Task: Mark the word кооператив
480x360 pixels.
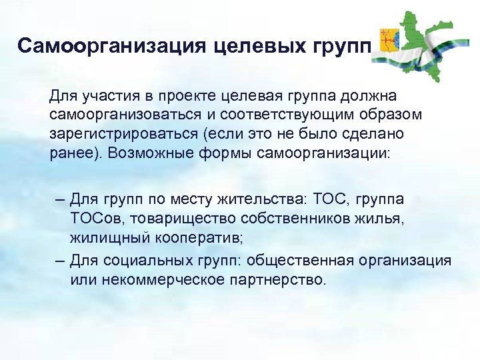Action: (x=198, y=237)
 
